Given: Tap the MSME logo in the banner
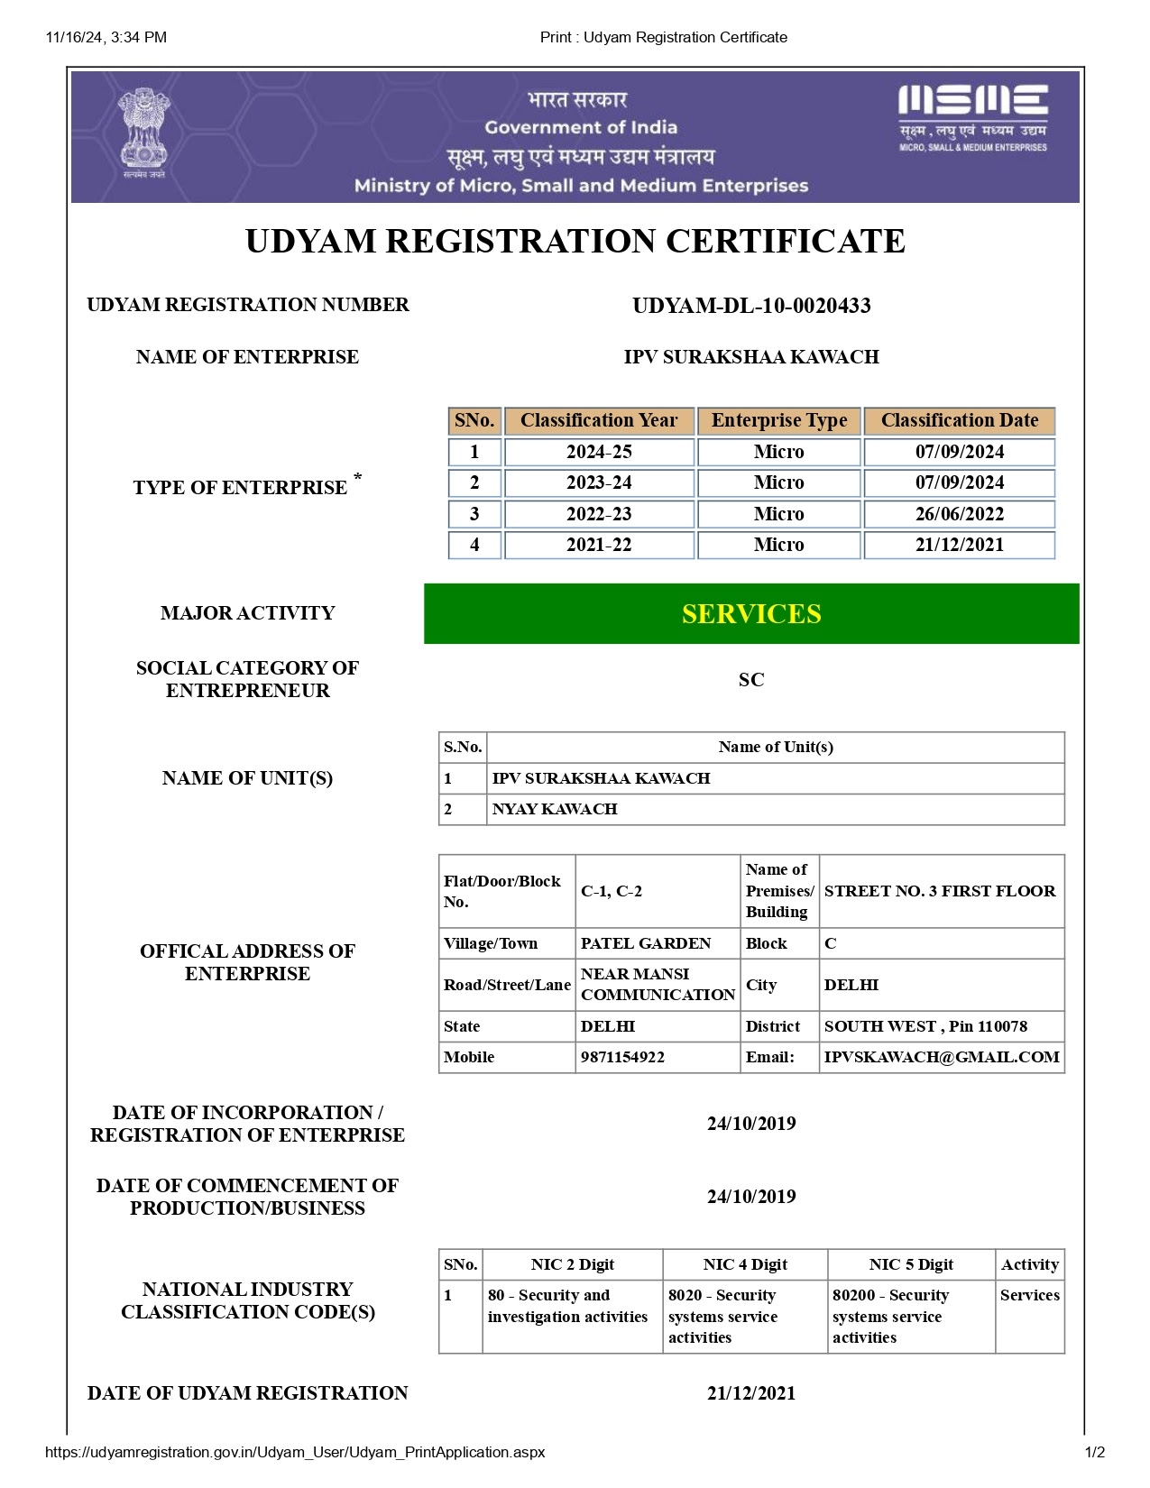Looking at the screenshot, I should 972,117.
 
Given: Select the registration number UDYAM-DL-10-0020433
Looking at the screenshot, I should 751,306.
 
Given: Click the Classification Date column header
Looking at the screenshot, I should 959,421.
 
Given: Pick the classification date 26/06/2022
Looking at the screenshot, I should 959,514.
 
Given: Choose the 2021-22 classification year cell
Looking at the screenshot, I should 599,545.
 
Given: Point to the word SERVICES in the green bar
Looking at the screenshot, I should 751,614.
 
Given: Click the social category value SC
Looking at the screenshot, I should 751,680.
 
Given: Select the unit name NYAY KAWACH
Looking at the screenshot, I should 555,810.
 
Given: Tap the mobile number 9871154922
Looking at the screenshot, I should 622,1057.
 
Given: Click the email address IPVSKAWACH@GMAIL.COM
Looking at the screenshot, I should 942,1057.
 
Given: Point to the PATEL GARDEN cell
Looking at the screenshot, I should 646,943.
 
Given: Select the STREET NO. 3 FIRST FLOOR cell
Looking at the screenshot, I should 940,891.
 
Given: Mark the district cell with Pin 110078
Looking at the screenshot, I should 925,1026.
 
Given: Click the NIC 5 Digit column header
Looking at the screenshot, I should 911,1264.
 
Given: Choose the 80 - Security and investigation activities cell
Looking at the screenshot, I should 568,1306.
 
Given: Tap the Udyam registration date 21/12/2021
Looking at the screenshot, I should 751,1393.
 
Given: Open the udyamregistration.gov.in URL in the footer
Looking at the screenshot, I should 295,1452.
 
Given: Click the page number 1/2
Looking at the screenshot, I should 1094,1452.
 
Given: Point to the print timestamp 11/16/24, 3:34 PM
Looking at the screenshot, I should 106,37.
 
